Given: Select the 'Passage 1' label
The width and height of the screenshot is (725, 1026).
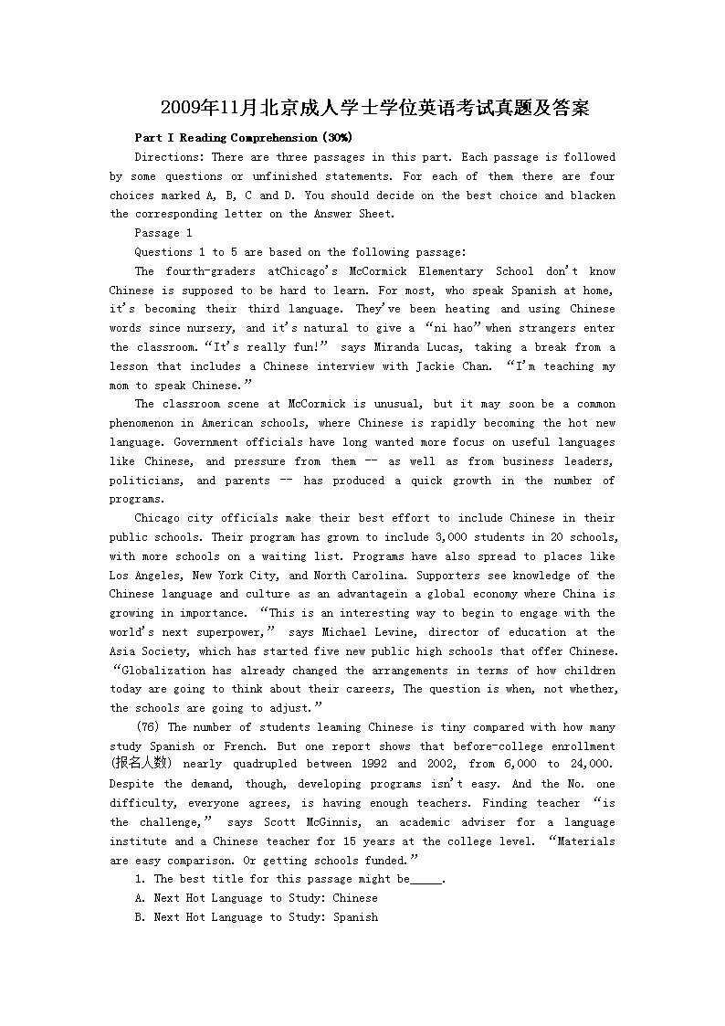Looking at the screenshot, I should tap(163, 233).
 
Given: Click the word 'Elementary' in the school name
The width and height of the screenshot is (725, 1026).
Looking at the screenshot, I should tap(450, 271).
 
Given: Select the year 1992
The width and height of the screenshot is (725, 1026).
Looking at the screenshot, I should tap(374, 765).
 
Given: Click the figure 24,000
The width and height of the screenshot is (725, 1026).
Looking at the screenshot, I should tap(591, 765).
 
